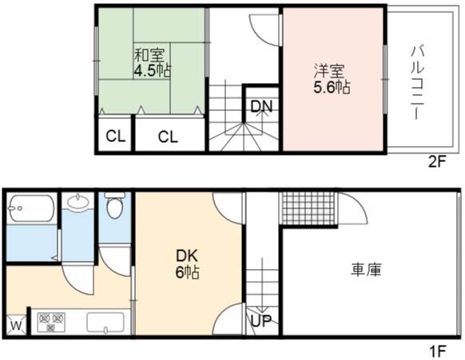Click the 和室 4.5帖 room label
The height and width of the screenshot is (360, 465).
tap(153, 62)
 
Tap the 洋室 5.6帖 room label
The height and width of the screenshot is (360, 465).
tap(332, 79)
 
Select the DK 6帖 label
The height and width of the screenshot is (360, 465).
tap(187, 264)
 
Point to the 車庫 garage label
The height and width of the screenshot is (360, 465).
tap(366, 270)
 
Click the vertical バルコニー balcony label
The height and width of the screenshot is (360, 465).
tap(418, 82)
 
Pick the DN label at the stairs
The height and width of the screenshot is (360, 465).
tap(261, 106)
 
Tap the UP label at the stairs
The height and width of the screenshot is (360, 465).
tap(261, 320)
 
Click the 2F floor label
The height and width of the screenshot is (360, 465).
tap(437, 161)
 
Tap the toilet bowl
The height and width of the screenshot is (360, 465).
tap(115, 205)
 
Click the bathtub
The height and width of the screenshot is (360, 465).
tap(32, 208)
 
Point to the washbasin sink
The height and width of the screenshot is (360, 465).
tap(78, 201)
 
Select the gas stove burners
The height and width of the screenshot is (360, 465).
tap(51, 322)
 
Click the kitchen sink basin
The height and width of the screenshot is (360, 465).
tap(105, 322)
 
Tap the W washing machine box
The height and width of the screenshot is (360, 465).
tap(16, 325)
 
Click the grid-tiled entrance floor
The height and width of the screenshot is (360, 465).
tap(308, 209)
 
